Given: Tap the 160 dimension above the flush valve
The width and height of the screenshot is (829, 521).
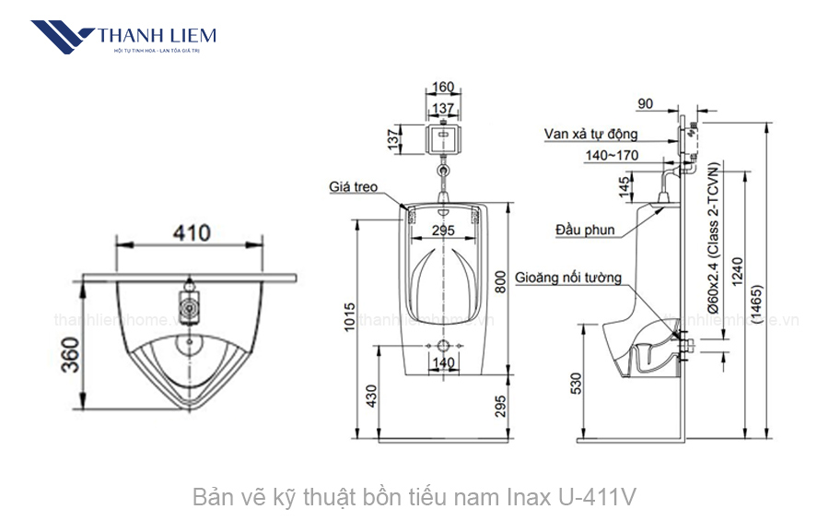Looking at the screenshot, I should [x=443, y=88].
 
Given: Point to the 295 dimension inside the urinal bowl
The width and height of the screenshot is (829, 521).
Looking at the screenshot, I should [x=443, y=230].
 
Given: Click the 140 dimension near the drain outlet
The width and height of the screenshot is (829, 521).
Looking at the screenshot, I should [x=444, y=363].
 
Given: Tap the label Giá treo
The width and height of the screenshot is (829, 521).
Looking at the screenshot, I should [x=354, y=187].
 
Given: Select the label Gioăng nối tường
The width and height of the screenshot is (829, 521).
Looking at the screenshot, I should [x=568, y=277].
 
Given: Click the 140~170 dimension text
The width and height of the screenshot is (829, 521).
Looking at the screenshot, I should [x=611, y=155].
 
